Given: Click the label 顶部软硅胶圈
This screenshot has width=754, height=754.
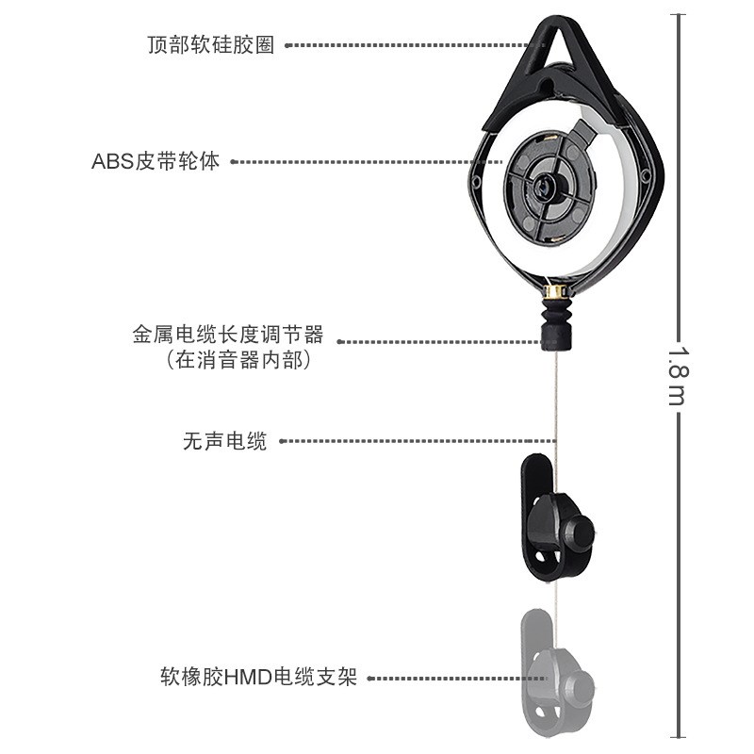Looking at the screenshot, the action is [x=211, y=45].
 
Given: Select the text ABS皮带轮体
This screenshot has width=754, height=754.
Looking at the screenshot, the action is [x=156, y=161].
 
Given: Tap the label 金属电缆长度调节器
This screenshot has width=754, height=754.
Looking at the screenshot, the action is [x=228, y=335].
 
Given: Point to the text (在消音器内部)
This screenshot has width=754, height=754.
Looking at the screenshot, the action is [x=238, y=359].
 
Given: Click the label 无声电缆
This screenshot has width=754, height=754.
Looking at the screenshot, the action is [x=225, y=440].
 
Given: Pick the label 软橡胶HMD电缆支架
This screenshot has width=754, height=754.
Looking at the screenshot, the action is [x=258, y=677].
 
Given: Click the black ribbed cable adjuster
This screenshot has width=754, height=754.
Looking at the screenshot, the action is [x=554, y=320].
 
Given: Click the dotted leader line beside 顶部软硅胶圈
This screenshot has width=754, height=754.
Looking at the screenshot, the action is [x=405, y=44].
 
